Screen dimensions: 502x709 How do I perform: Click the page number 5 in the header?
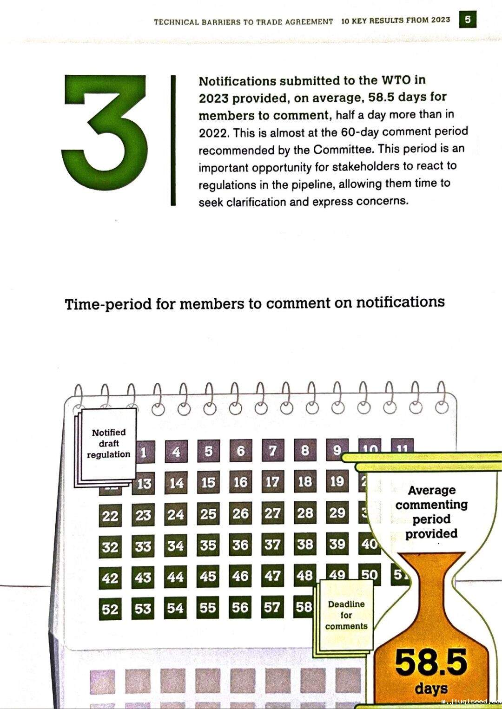(468, 20)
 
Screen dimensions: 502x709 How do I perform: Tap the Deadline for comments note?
(346, 615)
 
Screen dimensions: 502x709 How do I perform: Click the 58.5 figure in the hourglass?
(431, 662)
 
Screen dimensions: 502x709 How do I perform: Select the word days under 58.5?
(431, 689)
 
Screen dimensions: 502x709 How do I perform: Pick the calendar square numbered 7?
(273, 450)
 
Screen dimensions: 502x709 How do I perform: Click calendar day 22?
(110, 516)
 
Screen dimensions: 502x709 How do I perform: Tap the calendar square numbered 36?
(240, 545)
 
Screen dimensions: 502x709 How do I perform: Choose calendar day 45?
(208, 577)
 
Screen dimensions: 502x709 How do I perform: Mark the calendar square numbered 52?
(110, 609)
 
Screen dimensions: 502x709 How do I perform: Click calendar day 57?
(272, 607)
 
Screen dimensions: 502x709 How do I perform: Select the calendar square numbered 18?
(305, 481)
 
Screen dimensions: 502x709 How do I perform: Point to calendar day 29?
(337, 512)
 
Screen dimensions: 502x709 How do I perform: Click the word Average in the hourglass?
(432, 490)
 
